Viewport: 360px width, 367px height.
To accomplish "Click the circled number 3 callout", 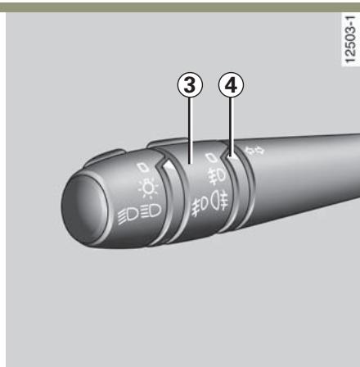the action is coord(190,85).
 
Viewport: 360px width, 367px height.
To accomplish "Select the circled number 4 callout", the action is coord(231,85).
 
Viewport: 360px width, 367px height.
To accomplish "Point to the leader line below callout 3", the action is coord(190,131).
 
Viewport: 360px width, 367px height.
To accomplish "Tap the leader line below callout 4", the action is coord(231,127).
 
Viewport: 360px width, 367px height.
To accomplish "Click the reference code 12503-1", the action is coord(350,39).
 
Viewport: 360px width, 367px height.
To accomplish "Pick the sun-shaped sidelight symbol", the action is coord(148,188).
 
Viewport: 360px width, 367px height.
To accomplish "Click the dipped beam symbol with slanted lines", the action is coord(128,215).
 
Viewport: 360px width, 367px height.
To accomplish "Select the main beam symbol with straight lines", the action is coord(151,211).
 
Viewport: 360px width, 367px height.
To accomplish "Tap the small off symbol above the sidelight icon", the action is coord(143,167).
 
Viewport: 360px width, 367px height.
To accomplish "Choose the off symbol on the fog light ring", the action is coord(211,158).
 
